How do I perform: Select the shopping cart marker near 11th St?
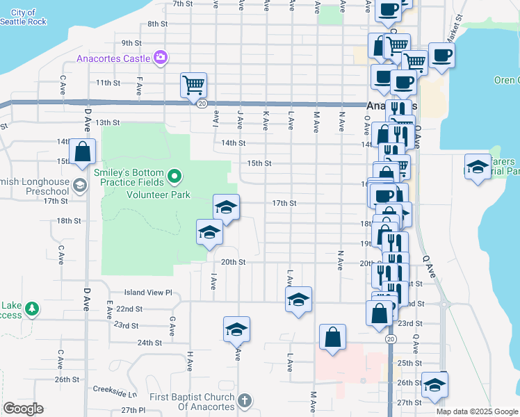[x=193, y=85]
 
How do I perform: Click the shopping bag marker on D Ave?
[x=82, y=150]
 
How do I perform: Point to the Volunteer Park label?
[x=158, y=195]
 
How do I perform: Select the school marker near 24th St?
[x=236, y=329]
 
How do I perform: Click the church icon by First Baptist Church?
[x=243, y=400]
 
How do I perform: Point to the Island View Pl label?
[x=147, y=293]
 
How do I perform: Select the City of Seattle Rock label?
[x=24, y=17]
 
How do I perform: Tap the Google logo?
[x=23, y=409]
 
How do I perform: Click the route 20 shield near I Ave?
[x=202, y=104]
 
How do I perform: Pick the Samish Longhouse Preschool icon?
[x=80, y=184]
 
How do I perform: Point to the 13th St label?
[x=108, y=122]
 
